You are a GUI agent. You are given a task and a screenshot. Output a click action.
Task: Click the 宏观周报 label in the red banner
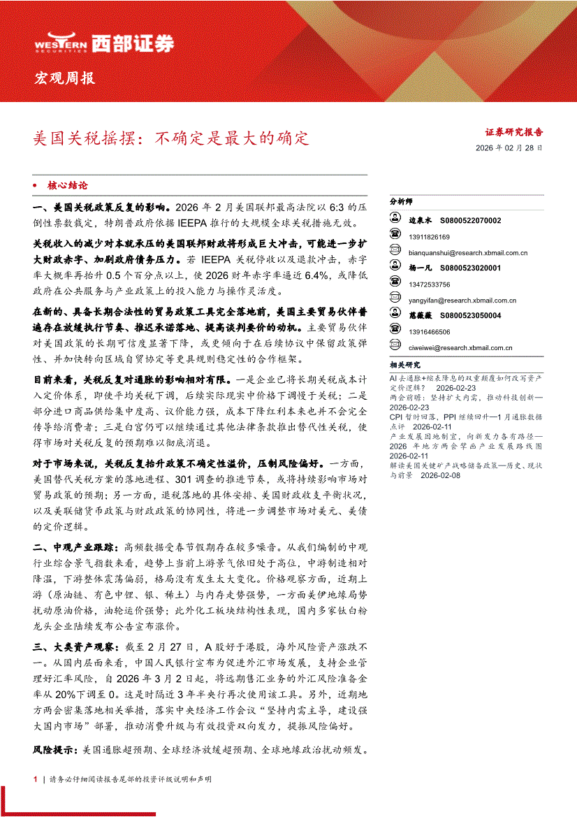pyautogui.click(x=64, y=78)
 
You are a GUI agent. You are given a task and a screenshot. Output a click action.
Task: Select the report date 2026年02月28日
pyautogui.click(x=509, y=148)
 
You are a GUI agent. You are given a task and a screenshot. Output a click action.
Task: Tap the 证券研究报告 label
pyautogui.click(x=514, y=131)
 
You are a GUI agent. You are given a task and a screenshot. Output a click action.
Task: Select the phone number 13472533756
pyautogui.click(x=430, y=284)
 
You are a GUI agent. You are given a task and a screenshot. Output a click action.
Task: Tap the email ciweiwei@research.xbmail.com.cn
pyautogui.click(x=460, y=347)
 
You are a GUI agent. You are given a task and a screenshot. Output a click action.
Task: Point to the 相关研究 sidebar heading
pyautogui.click(x=405, y=365)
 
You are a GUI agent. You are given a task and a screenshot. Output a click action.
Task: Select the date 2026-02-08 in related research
pyautogui.click(x=441, y=475)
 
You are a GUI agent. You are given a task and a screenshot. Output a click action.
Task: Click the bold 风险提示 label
pyautogui.click(x=56, y=750)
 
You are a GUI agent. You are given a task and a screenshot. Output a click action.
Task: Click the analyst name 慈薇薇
pyautogui.click(x=421, y=316)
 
